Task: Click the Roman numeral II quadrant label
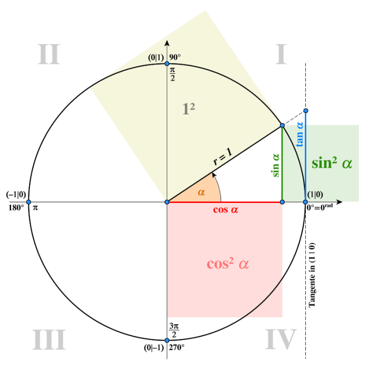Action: coord(49,54)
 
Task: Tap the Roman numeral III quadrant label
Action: coord(49,339)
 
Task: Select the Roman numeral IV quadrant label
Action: coord(281,339)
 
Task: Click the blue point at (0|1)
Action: coord(167,64)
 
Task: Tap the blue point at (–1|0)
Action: coord(28,202)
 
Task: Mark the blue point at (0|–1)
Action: coord(167,341)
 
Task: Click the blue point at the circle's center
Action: coord(167,202)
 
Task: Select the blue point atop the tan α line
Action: coord(306,111)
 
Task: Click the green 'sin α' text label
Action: coord(275,165)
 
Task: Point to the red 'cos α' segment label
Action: coord(226,209)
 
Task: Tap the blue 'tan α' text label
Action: coord(299,134)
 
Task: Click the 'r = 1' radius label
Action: coord(222,156)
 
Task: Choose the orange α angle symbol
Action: coord(201,192)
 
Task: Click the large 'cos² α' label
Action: coord(228,264)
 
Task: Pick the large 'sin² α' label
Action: coord(332,163)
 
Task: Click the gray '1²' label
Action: coord(189,109)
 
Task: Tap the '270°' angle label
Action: coord(177,347)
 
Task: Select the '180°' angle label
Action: coord(16,208)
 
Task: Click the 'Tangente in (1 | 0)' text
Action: coord(312,275)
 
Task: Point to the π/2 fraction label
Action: coord(172,74)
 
